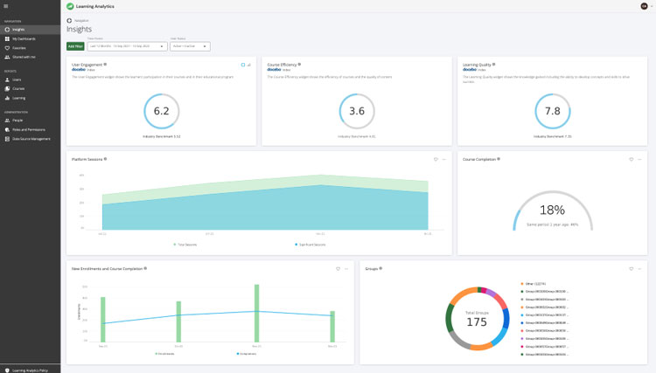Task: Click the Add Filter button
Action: click(x=75, y=46)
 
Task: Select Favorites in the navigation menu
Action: click(x=18, y=47)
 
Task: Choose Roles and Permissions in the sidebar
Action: click(x=28, y=129)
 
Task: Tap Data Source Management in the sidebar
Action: click(x=31, y=139)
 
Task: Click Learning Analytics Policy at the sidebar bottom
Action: click(x=30, y=370)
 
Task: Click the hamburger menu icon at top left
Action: click(x=5, y=6)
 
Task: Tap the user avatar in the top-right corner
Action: click(x=644, y=6)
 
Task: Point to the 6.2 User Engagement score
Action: click(x=161, y=111)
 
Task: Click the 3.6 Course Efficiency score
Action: click(x=357, y=111)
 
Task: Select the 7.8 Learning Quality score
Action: click(x=552, y=111)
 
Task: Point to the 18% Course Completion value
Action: click(x=552, y=210)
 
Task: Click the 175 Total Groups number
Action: click(x=477, y=322)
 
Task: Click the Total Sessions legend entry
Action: click(x=186, y=245)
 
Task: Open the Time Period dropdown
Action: click(x=127, y=46)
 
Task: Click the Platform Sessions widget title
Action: click(x=87, y=159)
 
